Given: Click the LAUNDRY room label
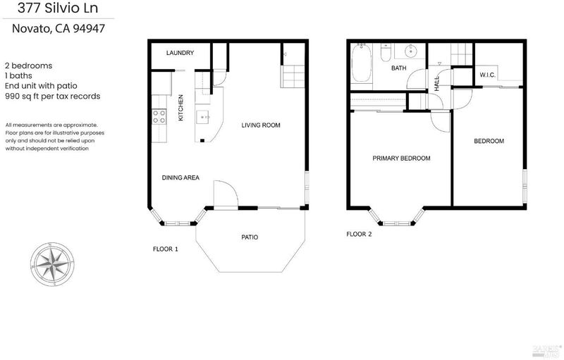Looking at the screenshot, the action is (180, 53).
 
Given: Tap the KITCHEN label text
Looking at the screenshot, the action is (180, 107).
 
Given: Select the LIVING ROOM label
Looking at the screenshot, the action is (260, 125).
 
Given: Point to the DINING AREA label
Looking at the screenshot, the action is (180, 178).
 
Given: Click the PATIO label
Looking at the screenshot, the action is (250, 237).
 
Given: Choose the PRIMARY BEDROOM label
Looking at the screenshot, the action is (401, 158).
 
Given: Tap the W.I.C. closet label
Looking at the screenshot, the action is (487, 75).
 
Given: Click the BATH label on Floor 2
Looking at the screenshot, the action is (398, 68).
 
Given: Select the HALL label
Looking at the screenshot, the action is (436, 83).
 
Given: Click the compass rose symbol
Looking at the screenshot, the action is (52, 264).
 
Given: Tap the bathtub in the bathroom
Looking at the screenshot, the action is (361, 63).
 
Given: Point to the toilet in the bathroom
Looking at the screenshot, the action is (385, 53).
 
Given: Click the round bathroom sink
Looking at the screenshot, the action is (410, 51).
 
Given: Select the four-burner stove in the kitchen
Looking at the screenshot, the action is (159, 116).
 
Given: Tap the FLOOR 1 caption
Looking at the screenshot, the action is (165, 249).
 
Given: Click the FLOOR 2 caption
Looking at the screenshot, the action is (359, 235).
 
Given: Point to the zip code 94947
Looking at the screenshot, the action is (89, 28).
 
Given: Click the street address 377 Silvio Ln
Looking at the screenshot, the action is (58, 8).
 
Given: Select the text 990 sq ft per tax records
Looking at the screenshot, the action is (52, 97).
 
